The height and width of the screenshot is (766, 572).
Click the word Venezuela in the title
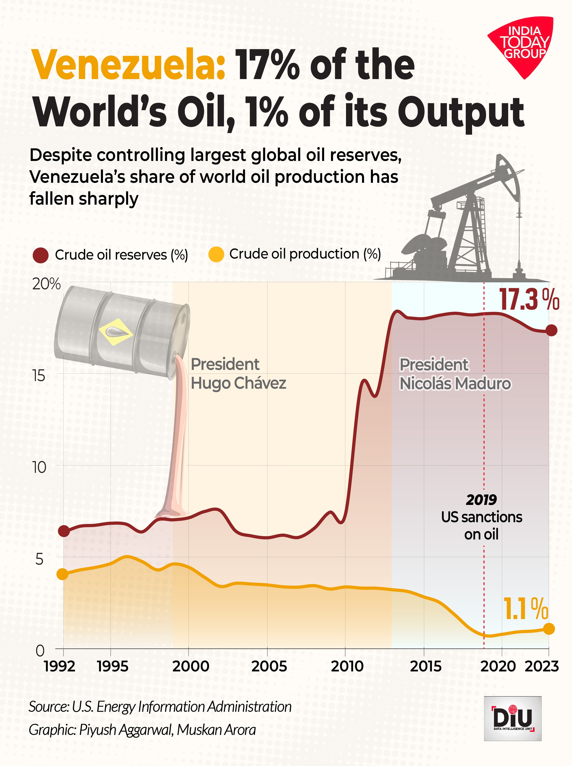(x=128, y=65)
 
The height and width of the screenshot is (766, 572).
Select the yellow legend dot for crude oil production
(x=216, y=254)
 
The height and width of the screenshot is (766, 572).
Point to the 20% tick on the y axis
(x=46, y=284)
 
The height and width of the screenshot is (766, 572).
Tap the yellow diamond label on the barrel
(x=115, y=332)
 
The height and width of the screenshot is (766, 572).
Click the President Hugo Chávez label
(x=238, y=374)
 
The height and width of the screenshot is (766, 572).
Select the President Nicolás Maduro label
(x=455, y=374)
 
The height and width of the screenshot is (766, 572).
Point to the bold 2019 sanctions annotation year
(x=481, y=500)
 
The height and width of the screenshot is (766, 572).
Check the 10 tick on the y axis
(x=39, y=468)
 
